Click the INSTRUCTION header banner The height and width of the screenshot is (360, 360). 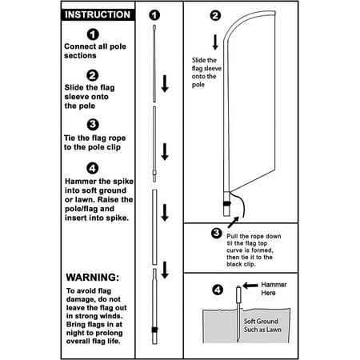coord(98,14)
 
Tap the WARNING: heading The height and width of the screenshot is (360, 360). coord(93,278)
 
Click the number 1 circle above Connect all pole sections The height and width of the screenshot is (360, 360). coord(93,34)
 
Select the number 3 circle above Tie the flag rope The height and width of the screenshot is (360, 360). coord(93,125)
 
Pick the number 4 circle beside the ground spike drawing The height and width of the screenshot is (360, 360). coord(218,290)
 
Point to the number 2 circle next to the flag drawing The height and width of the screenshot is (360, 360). coord(215,15)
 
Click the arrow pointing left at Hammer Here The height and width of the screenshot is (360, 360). coord(250,286)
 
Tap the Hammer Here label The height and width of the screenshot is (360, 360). coord(274,289)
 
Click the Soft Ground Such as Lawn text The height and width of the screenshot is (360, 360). coord(262,326)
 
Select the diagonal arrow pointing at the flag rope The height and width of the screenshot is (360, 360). coord(234,222)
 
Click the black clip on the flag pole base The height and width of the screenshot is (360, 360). coord(227,204)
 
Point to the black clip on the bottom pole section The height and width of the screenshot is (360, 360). coord(154,330)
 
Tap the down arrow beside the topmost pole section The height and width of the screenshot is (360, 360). coord(165,84)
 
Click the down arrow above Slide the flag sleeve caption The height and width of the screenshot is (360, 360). coord(215,42)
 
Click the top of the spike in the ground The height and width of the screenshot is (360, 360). coord(238,287)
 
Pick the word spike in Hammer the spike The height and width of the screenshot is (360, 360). coord(123,182)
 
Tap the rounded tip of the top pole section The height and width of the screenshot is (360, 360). coord(154,27)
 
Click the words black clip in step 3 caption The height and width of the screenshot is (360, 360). coord(241,264)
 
